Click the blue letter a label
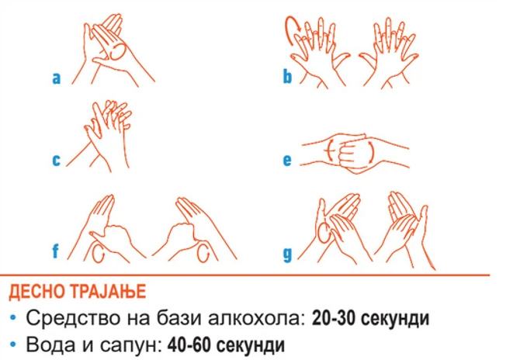pos(57,78)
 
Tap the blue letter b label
pos(287,75)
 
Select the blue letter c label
pos(57,161)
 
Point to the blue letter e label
pos(287,161)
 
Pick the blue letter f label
pos(55,251)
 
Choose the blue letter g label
pos(287,254)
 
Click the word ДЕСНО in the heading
pos(37,292)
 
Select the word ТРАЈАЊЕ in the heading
pos(109,292)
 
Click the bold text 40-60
pos(189,345)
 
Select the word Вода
pos(48,345)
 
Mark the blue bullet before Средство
pos(13,318)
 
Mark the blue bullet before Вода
pos(13,345)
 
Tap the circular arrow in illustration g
pos(324,232)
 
